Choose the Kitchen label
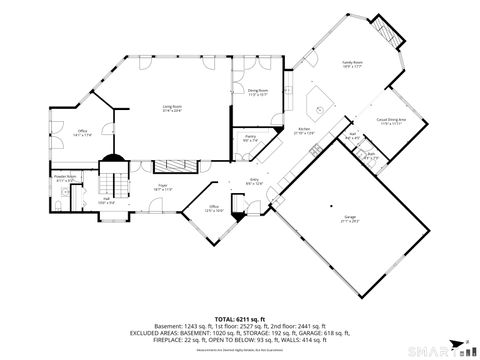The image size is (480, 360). pos(305,131)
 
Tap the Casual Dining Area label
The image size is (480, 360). pos(390,121)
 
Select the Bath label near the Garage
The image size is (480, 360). pos(371,154)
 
